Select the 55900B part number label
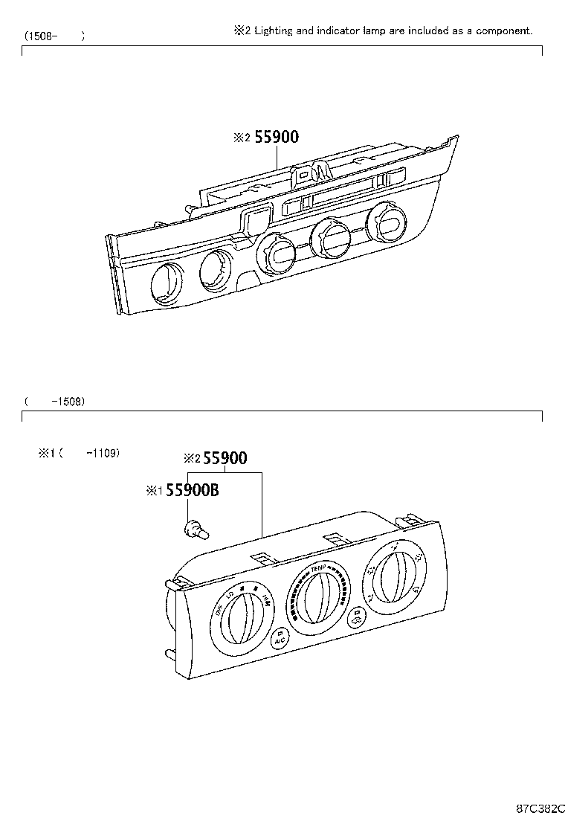pos(192,490)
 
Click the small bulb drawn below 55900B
pos(196,529)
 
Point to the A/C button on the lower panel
pos(280,639)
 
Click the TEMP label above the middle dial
pos(320,568)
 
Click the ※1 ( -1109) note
pos(79,452)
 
